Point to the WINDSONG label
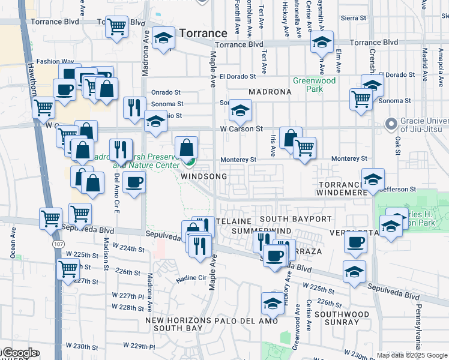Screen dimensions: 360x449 click(204, 177)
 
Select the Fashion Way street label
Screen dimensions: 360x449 click(50, 61)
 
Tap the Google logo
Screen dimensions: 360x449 click(19, 353)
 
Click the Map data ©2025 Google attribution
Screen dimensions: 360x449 click(411, 355)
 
